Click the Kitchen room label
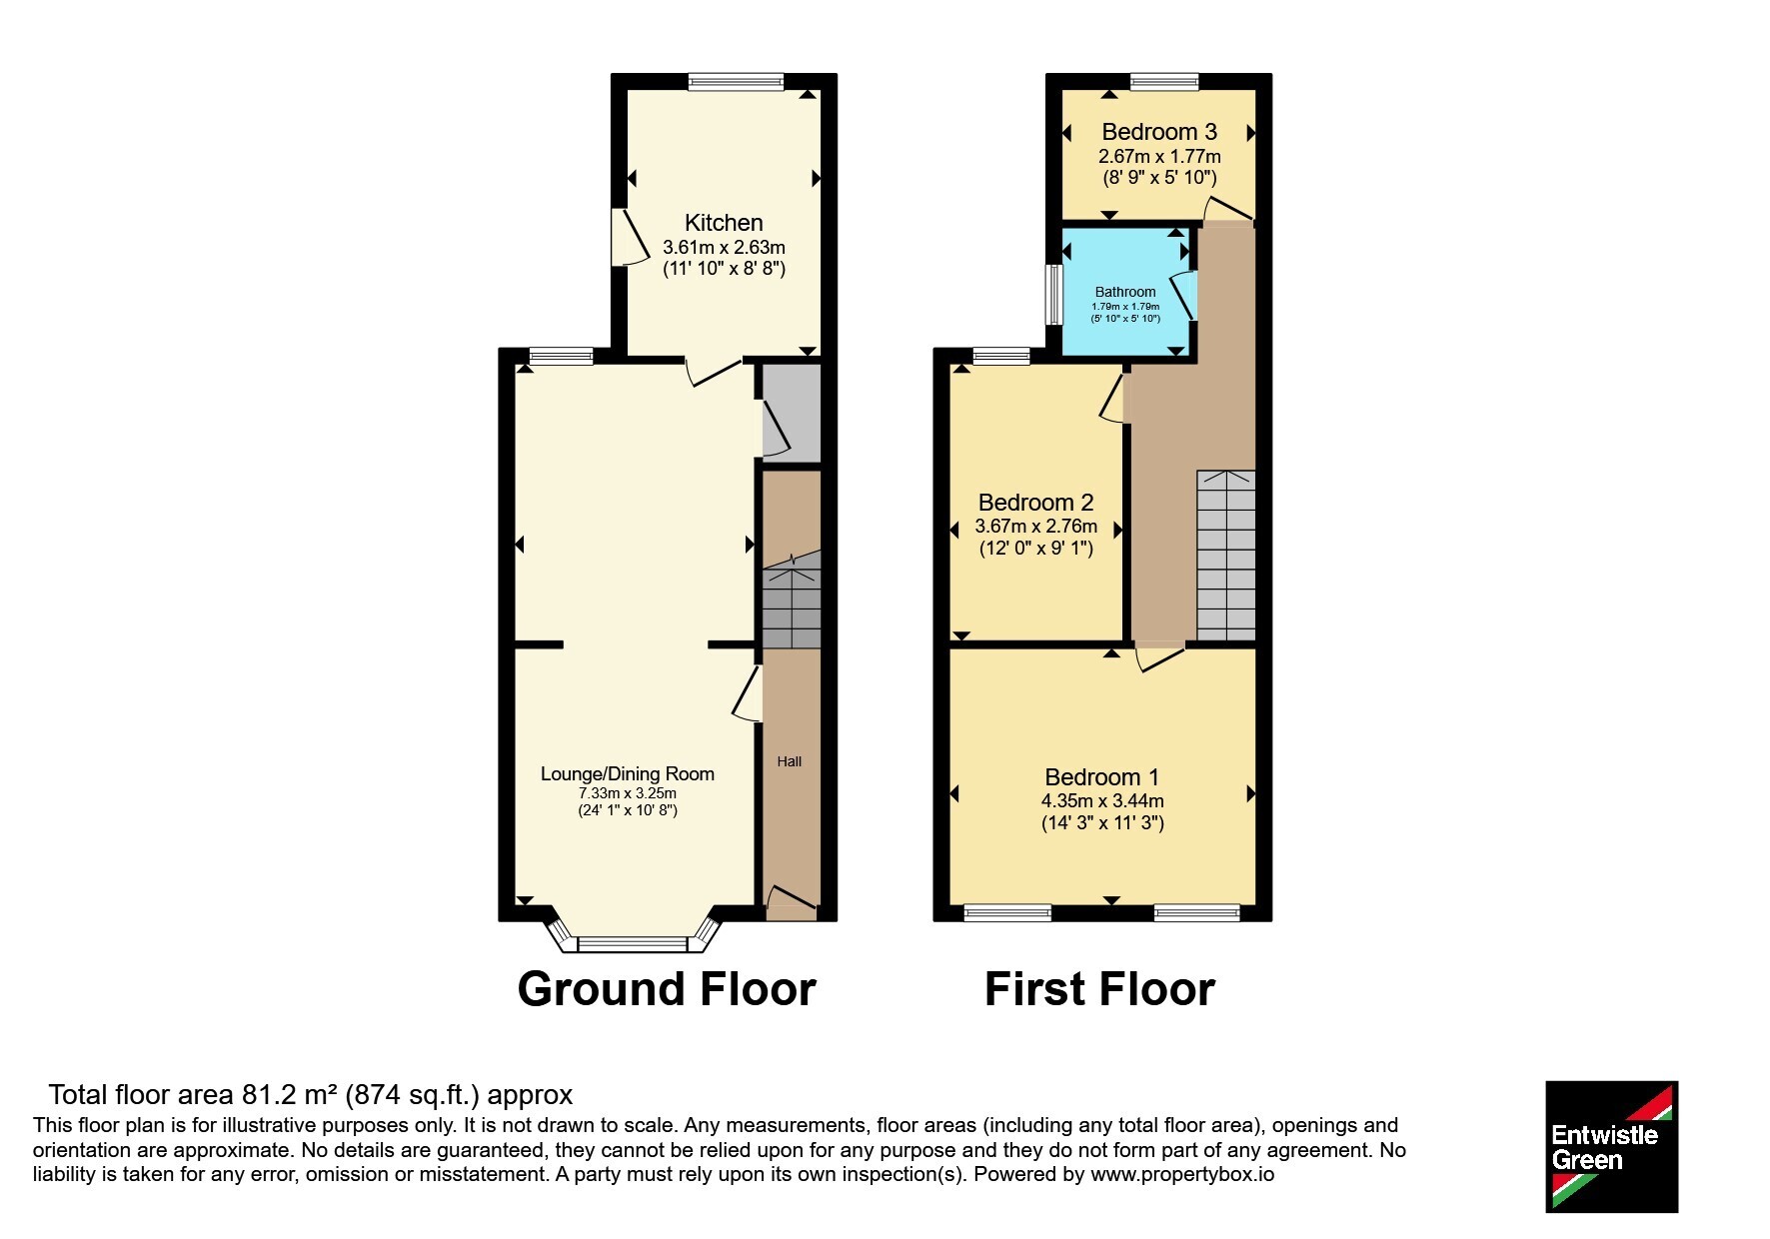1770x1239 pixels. [x=724, y=223]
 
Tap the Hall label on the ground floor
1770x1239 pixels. [x=790, y=761]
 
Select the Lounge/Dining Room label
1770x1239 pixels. [x=628, y=773]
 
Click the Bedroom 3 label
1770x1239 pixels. [x=1159, y=132]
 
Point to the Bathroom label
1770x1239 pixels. [x=1125, y=292]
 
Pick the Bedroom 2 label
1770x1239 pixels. [x=1036, y=503]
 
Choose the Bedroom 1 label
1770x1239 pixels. [x=1102, y=777]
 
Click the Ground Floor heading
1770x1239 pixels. [x=667, y=989]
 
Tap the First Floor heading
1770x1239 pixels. [x=1099, y=989]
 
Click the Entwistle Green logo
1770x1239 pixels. [x=1611, y=1147]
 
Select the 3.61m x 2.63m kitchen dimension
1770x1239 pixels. [x=724, y=247]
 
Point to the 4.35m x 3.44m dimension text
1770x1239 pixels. [x=1102, y=801]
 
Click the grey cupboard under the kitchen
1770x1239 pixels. [x=792, y=412]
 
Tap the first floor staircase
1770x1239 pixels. [x=1226, y=556]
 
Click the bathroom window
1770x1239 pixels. [x=1052, y=294]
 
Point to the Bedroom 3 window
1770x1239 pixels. [x=1164, y=82]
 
